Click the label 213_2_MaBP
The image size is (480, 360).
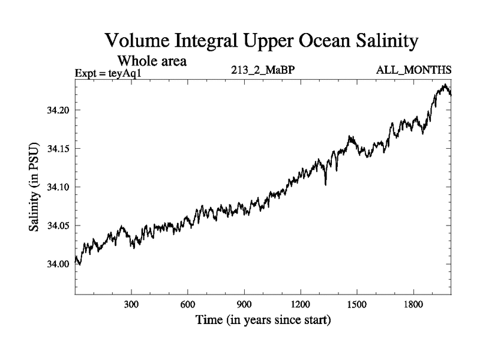coord(262,70)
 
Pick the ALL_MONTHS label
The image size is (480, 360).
coord(413,70)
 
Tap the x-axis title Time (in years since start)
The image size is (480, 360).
coord(263,320)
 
